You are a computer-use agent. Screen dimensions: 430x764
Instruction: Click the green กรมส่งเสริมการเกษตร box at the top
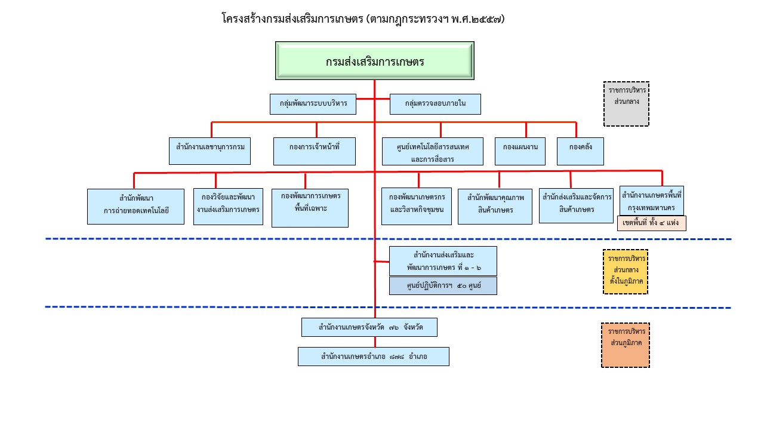pyautogui.click(x=374, y=60)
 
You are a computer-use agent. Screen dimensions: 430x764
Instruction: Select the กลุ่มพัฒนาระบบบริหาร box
pyautogui.click(x=313, y=105)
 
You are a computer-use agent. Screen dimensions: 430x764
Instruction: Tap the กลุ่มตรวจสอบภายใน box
pyautogui.click(x=435, y=105)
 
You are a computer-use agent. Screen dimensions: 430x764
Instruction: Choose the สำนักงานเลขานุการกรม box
pyautogui.click(x=210, y=151)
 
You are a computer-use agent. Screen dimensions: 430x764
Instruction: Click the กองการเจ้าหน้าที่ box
pyautogui.click(x=315, y=151)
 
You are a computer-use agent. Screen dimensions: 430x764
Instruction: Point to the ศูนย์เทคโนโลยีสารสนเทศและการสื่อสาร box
pyautogui.click(x=433, y=151)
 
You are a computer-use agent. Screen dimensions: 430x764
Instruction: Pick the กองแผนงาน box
pyautogui.click(x=520, y=151)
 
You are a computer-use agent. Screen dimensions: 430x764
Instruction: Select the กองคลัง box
pyautogui.click(x=581, y=151)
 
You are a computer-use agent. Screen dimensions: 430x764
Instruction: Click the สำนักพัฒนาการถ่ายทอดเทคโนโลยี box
pyautogui.click(x=136, y=207)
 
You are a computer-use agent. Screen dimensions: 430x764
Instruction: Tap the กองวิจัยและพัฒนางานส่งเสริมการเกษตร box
pyautogui.click(x=228, y=207)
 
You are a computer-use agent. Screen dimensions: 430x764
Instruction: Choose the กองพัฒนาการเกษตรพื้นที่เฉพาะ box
pyautogui.click(x=310, y=208)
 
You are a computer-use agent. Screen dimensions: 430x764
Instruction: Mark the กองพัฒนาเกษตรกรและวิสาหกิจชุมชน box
pyautogui.click(x=417, y=207)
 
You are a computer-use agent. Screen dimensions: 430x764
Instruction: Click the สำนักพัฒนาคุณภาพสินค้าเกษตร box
pyautogui.click(x=495, y=207)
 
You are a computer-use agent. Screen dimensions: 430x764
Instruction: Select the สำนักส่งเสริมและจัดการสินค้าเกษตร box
pyautogui.click(x=576, y=205)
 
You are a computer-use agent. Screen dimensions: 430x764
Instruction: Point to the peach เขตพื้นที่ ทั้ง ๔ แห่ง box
pyautogui.click(x=652, y=223)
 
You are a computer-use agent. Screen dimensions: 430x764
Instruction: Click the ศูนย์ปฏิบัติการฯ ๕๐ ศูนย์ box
pyautogui.click(x=443, y=285)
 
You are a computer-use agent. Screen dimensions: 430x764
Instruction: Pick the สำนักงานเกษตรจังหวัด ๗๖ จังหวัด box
pyautogui.click(x=369, y=327)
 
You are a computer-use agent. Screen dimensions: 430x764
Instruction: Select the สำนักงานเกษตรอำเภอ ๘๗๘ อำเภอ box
pyautogui.click(x=374, y=357)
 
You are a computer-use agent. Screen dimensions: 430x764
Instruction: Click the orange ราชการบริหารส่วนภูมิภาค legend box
pyautogui.click(x=626, y=345)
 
